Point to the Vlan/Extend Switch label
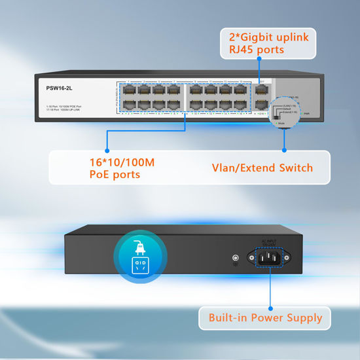(x=262, y=168)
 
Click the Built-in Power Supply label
(x=266, y=318)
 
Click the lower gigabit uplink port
(x=262, y=104)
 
